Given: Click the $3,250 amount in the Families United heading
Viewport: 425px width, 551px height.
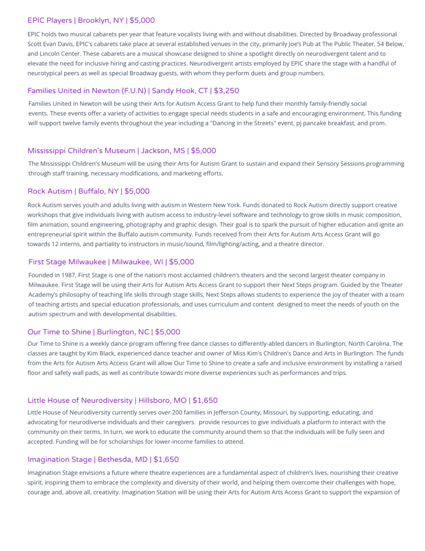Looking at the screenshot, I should [x=227, y=91].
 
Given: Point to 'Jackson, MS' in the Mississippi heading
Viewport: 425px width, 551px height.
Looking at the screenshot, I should [x=163, y=151].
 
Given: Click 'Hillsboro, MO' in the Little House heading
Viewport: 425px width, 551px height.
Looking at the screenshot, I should [x=162, y=400].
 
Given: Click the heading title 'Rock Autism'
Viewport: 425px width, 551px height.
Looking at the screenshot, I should [x=50, y=192].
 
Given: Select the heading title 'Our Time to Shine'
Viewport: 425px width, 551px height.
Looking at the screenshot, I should [x=59, y=332].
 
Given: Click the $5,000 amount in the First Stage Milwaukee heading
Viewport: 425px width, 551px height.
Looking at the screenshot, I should [x=182, y=262].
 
